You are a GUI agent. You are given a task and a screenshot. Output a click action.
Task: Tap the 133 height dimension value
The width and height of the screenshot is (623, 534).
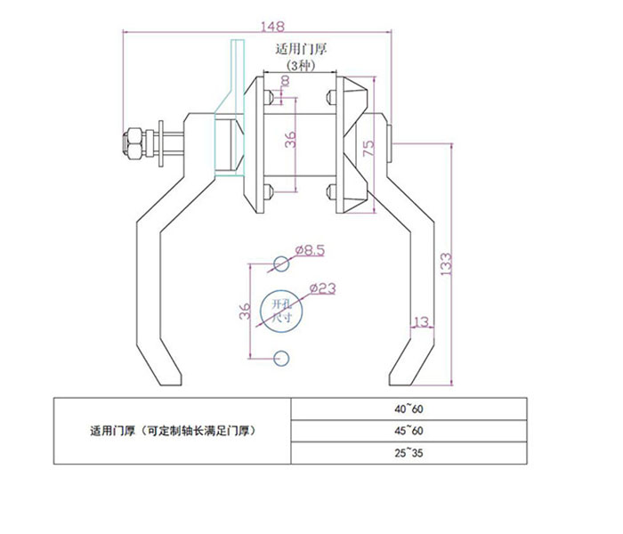click(x=446, y=263)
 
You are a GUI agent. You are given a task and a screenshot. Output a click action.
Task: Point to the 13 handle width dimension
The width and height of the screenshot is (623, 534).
click(x=421, y=320)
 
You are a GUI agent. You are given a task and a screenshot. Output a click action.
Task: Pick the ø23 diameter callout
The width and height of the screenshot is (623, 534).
click(x=324, y=287)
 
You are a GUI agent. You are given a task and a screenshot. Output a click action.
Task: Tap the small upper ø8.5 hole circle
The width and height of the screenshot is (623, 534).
click(x=281, y=263)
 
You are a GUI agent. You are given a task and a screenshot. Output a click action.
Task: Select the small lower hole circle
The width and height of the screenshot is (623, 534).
click(x=281, y=358)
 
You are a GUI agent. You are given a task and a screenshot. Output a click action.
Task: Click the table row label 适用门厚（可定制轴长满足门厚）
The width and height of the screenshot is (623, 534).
click(x=174, y=432)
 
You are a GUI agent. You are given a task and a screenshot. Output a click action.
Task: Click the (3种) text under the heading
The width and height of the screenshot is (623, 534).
click(x=300, y=66)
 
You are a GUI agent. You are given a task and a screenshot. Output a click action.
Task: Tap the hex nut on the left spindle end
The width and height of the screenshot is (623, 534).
click(x=131, y=143)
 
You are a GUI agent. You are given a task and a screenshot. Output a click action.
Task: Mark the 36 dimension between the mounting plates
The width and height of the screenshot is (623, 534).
click(x=290, y=141)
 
